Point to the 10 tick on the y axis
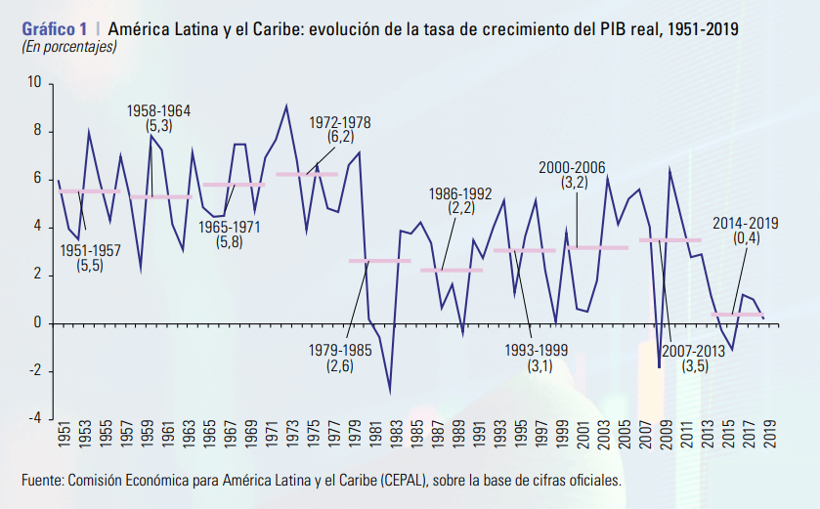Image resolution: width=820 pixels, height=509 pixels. pyautogui.click(x=34, y=84)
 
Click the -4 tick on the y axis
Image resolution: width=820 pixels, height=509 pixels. pyautogui.click(x=34, y=418)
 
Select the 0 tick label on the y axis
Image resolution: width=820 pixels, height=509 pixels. pyautogui.click(x=37, y=323)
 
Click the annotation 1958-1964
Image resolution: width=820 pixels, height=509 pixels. pyautogui.click(x=158, y=111)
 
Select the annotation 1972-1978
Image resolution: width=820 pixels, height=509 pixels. pyautogui.click(x=340, y=123)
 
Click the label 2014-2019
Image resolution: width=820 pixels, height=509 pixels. pyautogui.click(x=745, y=224)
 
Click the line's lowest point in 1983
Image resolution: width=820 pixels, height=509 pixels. pyautogui.click(x=391, y=392)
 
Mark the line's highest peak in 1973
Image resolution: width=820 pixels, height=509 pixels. pyautogui.click(x=286, y=106)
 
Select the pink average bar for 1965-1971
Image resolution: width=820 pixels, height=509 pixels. pyautogui.click(x=233, y=185)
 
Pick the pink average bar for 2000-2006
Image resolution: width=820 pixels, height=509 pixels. pyautogui.click(x=597, y=247)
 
